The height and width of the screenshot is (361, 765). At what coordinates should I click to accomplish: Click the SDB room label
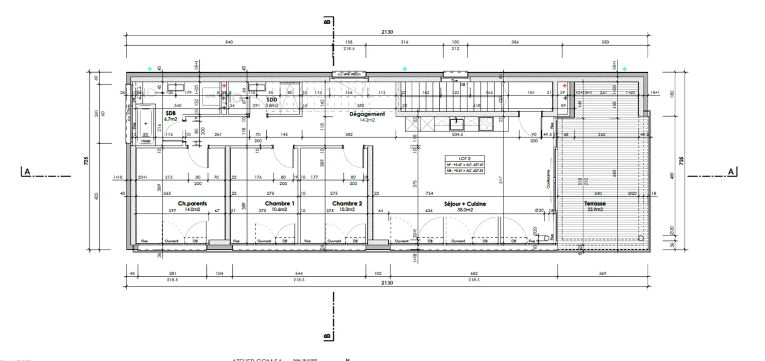click(171, 113)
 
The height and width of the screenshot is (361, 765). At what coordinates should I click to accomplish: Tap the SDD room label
click(272, 99)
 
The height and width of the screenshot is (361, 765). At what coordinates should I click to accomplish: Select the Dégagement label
click(367, 114)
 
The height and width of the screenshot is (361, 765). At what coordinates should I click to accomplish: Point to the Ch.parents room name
click(192, 203)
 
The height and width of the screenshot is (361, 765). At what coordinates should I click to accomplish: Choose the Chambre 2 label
click(347, 203)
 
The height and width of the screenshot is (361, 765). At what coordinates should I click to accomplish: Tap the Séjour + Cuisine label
click(465, 203)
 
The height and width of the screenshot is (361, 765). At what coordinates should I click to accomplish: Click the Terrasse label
click(595, 203)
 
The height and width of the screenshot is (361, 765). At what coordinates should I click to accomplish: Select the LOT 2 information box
click(465, 164)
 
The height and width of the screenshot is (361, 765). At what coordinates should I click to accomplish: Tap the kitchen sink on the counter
click(456, 124)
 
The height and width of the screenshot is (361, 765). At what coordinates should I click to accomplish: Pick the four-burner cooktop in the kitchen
click(486, 124)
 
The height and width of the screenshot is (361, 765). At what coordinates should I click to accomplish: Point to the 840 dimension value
click(229, 42)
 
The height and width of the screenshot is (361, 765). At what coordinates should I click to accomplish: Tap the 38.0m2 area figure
click(465, 210)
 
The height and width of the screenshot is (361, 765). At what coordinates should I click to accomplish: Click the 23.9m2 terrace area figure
click(595, 210)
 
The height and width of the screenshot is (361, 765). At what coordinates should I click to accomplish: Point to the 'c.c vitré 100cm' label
click(348, 74)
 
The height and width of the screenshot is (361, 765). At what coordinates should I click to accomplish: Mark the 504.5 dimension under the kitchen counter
click(458, 135)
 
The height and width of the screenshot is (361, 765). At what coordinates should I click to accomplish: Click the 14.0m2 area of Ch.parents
click(192, 210)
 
